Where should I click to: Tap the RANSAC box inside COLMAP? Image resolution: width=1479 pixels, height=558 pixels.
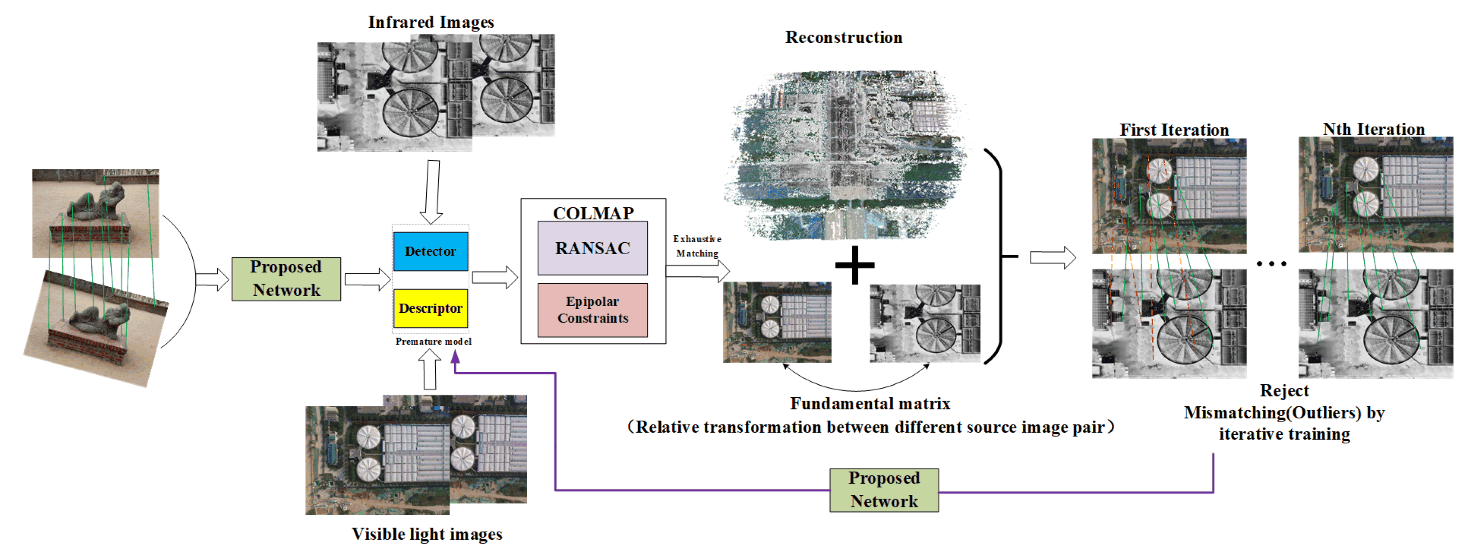pos(592,248)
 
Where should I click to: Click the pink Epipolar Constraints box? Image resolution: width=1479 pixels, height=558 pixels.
pos(592,310)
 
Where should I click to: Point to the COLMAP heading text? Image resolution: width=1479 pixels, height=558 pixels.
pos(593,213)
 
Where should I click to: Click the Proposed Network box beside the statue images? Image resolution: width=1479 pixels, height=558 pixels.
pos(286,279)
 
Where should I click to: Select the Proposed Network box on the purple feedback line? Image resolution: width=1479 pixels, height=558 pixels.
pos(884,490)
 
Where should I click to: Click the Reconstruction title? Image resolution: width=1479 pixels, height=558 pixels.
pos(843,37)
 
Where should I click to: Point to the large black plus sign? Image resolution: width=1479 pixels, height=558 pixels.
pos(854,265)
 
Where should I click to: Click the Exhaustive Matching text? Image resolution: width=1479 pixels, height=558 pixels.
pos(697,246)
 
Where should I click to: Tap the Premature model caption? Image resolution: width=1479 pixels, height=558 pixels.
pos(433,342)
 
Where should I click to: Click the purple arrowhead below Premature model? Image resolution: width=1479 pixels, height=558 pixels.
pos(455,357)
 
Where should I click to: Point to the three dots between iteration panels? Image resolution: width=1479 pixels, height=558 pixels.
pos(1271,264)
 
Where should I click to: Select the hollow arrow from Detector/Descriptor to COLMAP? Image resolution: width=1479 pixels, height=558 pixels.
pos(494,278)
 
